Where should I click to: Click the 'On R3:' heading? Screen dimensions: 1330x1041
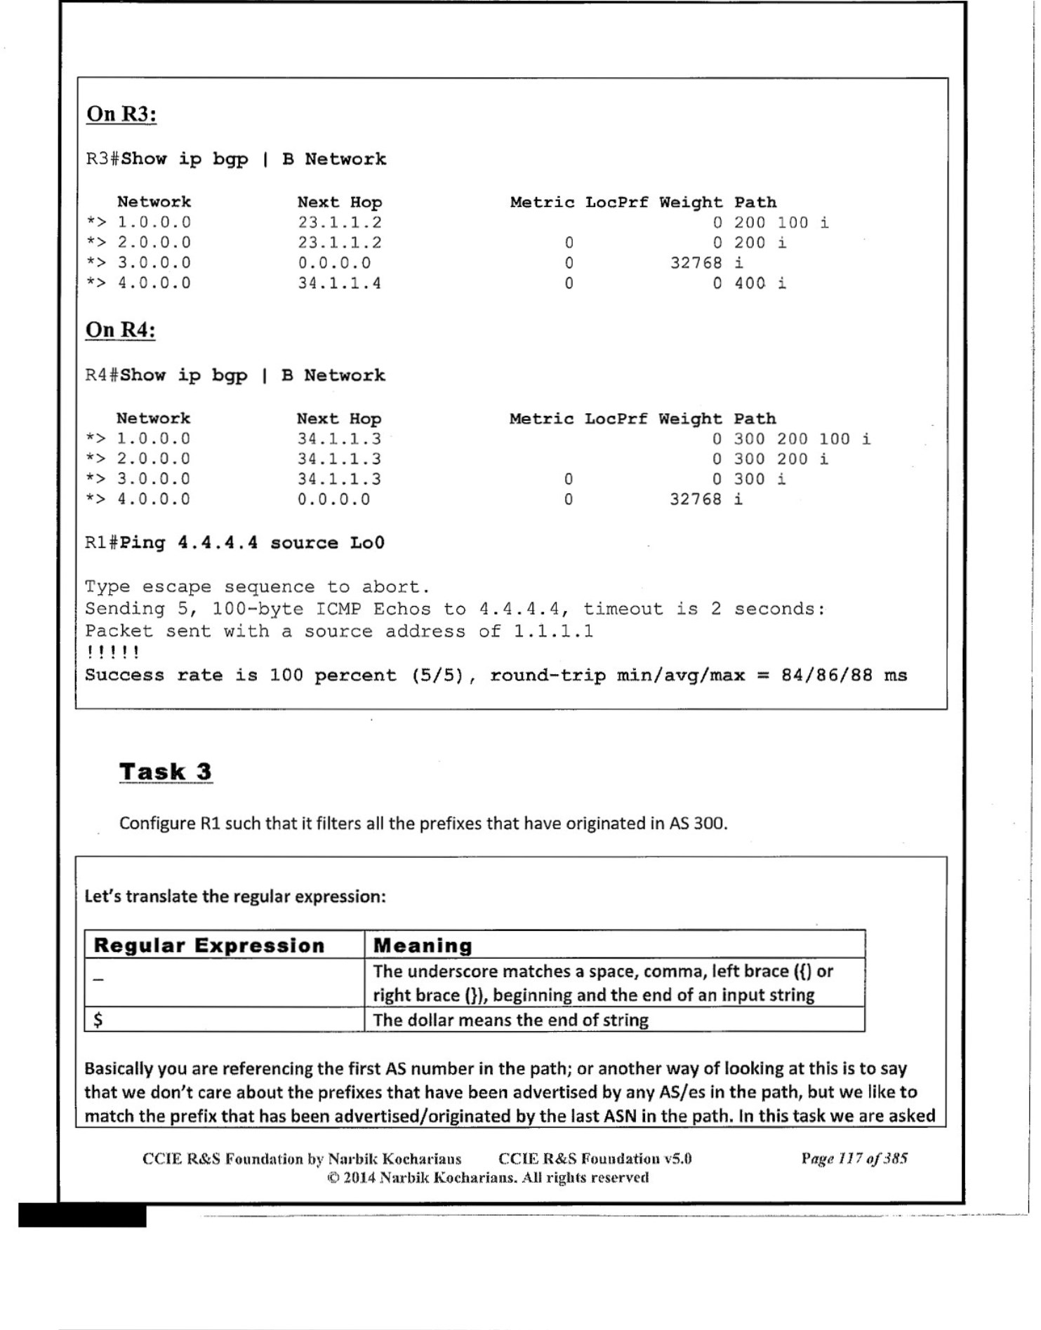[121, 114]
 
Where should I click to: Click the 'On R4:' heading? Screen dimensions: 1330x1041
[120, 330]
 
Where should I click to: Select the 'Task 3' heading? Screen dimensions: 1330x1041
[165, 772]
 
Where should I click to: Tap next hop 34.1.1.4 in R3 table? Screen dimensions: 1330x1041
[339, 283]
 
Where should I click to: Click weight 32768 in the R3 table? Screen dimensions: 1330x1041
[696, 263]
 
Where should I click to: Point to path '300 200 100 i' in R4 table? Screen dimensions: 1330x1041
[802, 439]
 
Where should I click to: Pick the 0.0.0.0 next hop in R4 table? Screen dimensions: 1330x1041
[333, 499]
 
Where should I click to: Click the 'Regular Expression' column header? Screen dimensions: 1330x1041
[209, 946]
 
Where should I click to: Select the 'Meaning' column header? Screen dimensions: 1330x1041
[423, 946]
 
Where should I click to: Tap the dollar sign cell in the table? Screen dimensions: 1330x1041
[98, 1020]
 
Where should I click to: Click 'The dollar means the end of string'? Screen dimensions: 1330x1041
[510, 1020]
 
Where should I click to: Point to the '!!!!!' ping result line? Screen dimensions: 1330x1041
[112, 652]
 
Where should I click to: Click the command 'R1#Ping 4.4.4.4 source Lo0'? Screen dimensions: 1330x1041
[234, 543]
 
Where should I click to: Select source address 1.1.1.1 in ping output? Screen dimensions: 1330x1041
[553, 631]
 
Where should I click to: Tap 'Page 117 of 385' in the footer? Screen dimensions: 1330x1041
[854, 1158]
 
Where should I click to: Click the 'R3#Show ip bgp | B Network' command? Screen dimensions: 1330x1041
[236, 159]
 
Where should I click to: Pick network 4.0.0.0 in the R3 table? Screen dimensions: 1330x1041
[154, 283]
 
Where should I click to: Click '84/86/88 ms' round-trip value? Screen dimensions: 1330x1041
[844, 676]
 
